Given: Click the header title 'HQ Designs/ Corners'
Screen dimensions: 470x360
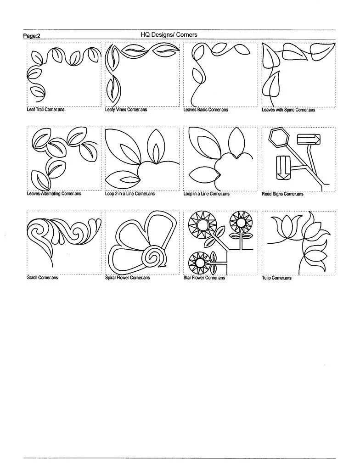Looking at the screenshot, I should (x=169, y=35).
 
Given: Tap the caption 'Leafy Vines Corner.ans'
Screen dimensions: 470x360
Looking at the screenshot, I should (x=126, y=110).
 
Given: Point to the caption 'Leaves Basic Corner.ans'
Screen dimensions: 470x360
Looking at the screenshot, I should (x=205, y=110).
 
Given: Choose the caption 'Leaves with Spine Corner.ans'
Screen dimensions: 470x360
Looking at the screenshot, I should (x=288, y=110).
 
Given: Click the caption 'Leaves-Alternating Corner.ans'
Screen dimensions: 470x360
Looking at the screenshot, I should (x=54, y=194).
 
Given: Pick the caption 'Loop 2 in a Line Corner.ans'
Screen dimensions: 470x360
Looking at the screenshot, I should (x=130, y=194).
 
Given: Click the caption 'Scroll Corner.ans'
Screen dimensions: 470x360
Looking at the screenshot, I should (x=42, y=278).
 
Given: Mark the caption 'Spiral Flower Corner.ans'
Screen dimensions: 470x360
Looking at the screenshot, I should (x=127, y=278).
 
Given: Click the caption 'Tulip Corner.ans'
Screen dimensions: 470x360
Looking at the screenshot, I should (x=276, y=278).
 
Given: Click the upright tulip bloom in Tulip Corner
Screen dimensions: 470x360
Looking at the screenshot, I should (x=283, y=227).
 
